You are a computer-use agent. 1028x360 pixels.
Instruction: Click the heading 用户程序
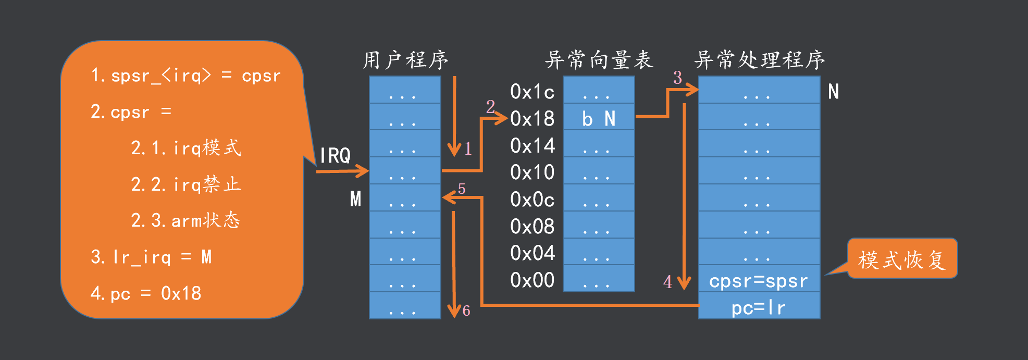pos(405,60)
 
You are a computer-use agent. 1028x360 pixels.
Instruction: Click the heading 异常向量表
pos(599,60)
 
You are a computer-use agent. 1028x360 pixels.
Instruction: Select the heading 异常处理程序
pos(759,60)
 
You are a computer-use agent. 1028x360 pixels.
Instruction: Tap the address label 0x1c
pos(532,92)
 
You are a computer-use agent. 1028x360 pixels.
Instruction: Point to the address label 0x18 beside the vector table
pos(532,119)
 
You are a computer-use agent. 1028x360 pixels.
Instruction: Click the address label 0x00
pos(532,280)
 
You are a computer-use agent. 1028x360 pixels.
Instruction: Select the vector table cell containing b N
pos(599,119)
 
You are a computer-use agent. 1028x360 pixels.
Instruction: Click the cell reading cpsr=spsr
pos(759,281)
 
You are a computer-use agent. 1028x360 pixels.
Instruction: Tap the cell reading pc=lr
pos(759,308)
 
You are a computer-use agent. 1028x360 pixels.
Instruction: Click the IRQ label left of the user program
pos(335,155)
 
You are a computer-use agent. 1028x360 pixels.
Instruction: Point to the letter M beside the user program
pos(355,199)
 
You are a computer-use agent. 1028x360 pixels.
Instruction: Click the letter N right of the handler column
pos(833,92)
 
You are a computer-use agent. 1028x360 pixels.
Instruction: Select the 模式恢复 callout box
pos(902,259)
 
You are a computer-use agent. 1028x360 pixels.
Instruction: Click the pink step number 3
pos(677,78)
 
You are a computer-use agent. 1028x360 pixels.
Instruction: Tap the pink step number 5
pos(462,189)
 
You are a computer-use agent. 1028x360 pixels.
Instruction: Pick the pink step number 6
pos(466,311)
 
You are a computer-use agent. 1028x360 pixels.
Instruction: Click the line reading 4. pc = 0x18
pos(146,294)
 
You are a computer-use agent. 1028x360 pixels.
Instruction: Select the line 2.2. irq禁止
pos(185,184)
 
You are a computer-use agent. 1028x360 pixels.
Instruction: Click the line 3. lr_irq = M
pos(151,257)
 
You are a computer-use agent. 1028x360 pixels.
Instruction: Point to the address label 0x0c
pos(532,200)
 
